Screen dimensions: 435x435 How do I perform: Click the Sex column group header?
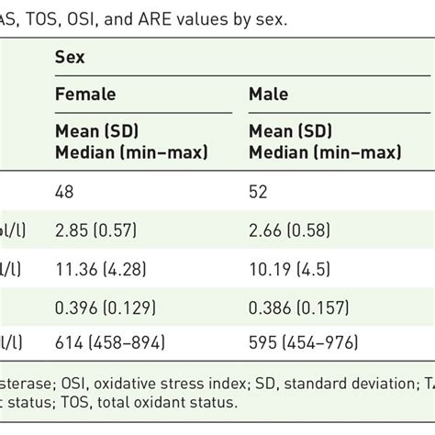coord(70,57)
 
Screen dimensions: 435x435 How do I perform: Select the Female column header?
coord(85,95)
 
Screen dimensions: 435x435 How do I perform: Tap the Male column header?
coord(268,95)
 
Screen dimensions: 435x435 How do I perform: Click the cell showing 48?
coord(65,193)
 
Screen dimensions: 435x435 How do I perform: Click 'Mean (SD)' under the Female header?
coord(99,129)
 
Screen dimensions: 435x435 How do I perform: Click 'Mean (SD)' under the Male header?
coord(293,129)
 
